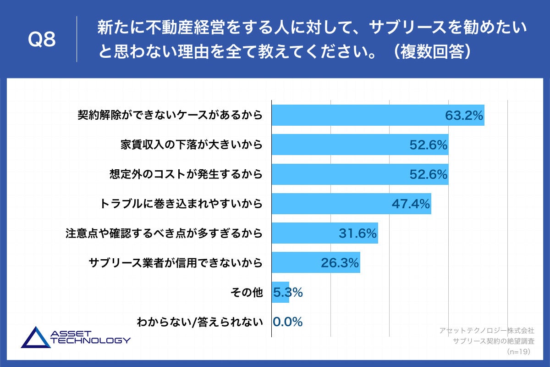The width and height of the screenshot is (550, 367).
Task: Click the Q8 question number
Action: [x=42, y=40]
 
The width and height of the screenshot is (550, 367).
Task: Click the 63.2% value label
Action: [x=464, y=116]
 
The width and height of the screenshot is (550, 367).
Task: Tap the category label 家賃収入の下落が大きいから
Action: [x=192, y=145]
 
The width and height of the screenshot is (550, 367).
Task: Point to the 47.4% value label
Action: [x=411, y=204]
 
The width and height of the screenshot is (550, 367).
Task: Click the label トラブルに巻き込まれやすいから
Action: [x=181, y=204]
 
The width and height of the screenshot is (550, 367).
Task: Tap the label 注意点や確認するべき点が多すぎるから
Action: [x=164, y=233]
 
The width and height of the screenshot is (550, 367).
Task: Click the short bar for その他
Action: [x=280, y=292]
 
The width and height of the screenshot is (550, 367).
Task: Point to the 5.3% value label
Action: [x=288, y=292]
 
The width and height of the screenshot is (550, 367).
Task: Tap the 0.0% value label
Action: [x=288, y=322]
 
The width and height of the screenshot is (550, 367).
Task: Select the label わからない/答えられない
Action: [x=200, y=322]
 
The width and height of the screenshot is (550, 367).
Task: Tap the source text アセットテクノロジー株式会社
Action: [x=486, y=330]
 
